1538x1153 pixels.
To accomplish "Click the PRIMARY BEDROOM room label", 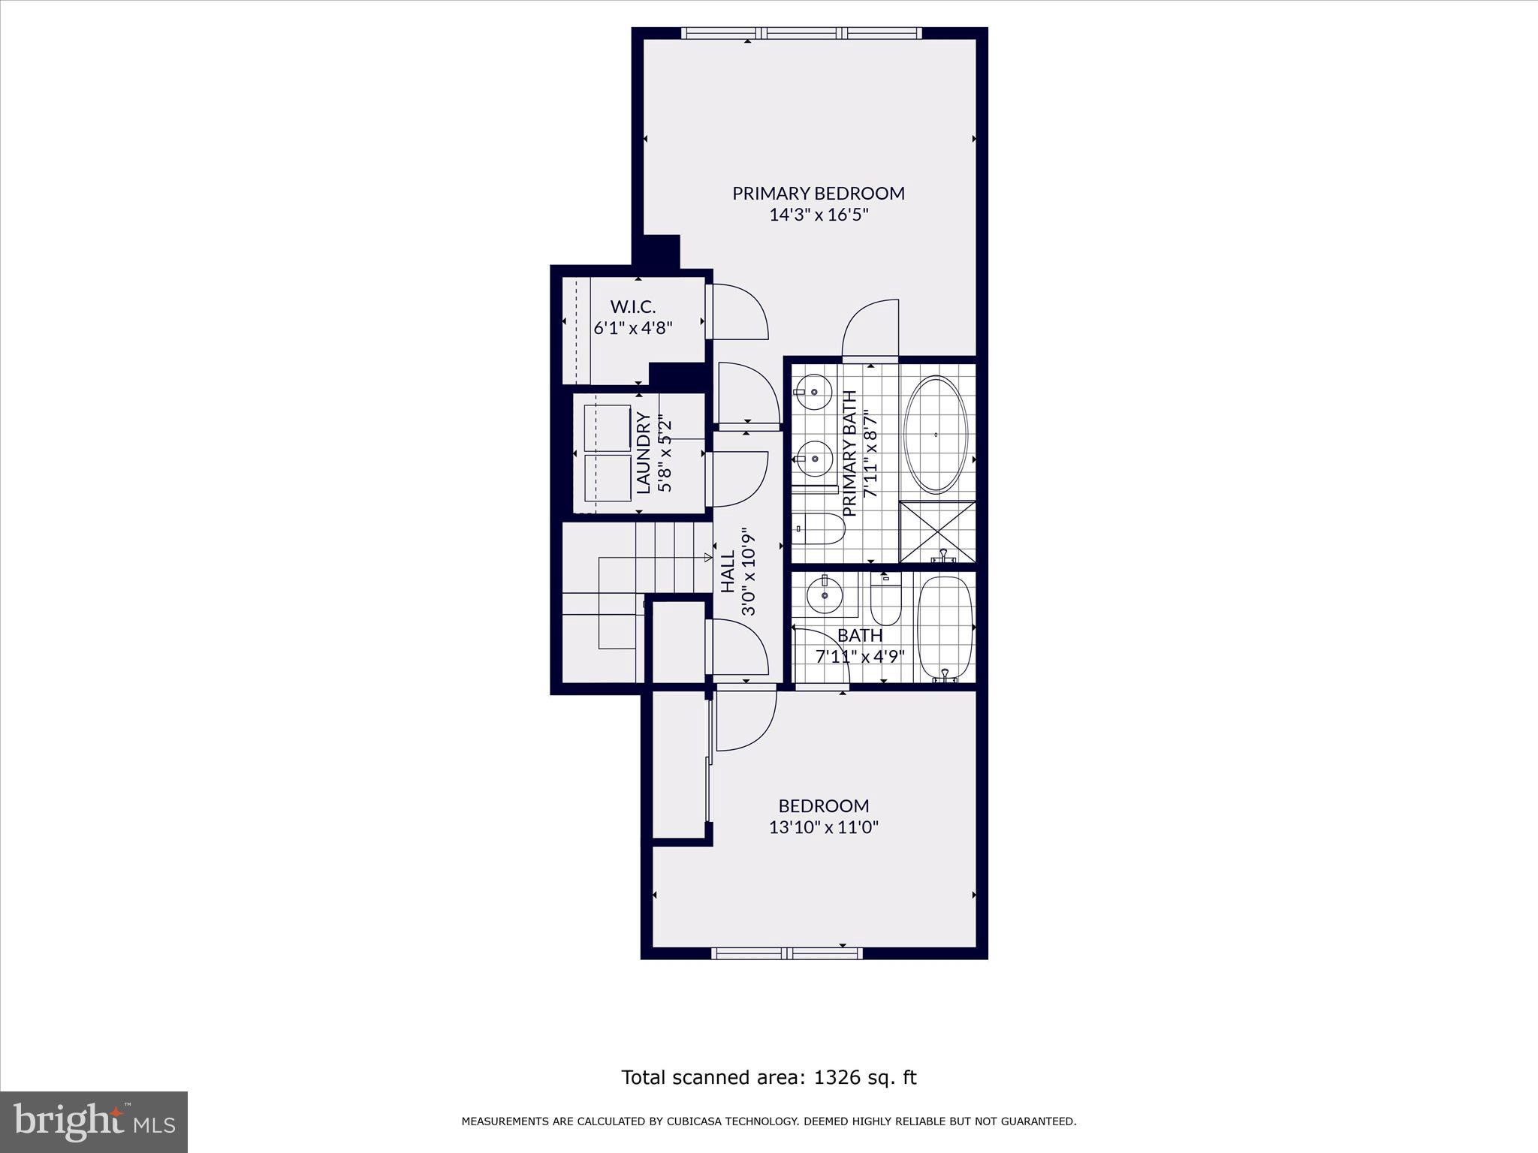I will click(x=819, y=193).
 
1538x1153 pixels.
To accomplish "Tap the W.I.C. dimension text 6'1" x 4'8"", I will click(x=632, y=328).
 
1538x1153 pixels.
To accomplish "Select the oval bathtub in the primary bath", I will click(x=935, y=435).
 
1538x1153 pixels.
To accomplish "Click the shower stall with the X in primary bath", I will click(x=937, y=531).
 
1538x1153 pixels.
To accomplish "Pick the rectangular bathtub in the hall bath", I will click(x=945, y=629).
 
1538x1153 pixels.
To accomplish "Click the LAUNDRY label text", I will click(x=644, y=453).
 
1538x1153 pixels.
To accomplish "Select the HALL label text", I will click(x=728, y=573).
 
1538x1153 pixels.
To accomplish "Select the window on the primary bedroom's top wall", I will click(x=801, y=33).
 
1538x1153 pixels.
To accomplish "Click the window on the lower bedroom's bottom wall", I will click(x=786, y=953).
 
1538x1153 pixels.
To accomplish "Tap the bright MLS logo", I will click(x=94, y=1121).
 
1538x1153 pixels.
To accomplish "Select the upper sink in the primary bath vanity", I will click(x=813, y=390).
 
